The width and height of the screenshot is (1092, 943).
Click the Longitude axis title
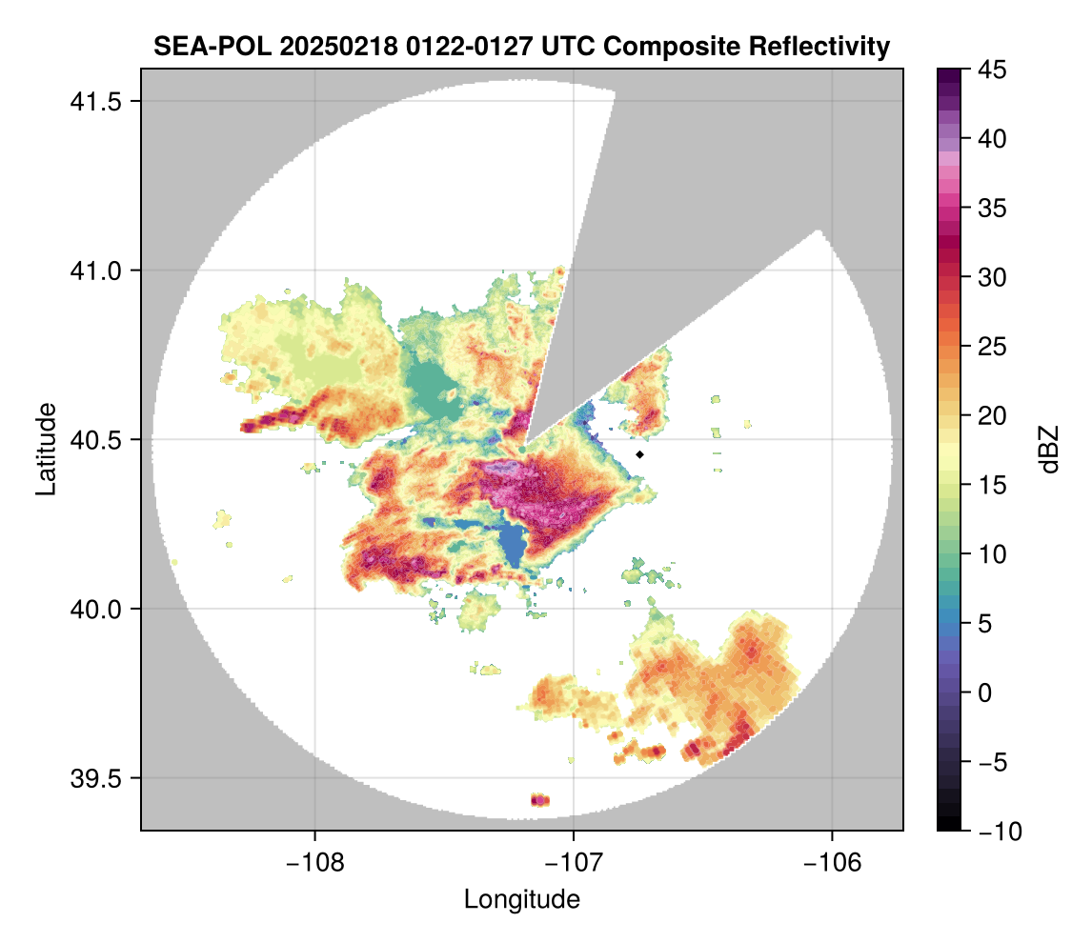click(521, 898)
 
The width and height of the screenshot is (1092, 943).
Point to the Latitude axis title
click(45, 449)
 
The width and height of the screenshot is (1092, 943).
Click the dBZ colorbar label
click(1049, 449)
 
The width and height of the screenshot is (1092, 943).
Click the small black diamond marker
click(640, 454)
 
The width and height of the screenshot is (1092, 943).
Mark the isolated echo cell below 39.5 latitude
click(540, 799)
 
